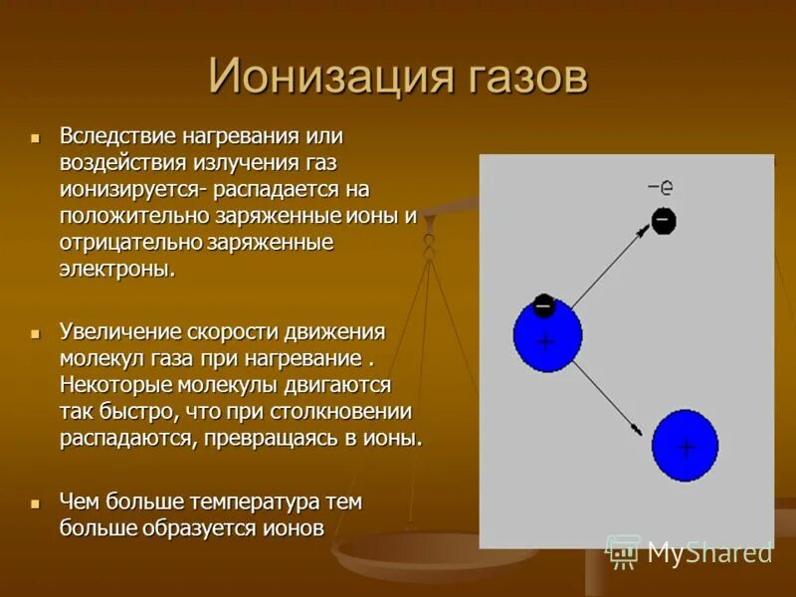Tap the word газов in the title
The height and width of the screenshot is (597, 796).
pyautogui.click(x=522, y=77)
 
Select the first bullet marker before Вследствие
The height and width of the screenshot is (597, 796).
pyautogui.click(x=35, y=134)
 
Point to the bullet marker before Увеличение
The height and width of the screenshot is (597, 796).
pyautogui.click(x=35, y=330)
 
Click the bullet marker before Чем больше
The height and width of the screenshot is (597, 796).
pyautogui.click(x=35, y=501)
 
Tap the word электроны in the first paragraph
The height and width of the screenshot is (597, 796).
pyautogui.click(x=115, y=269)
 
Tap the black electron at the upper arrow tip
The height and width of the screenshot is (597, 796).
pyautogui.click(x=664, y=220)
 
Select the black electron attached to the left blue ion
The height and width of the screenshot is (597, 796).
pyautogui.click(x=543, y=304)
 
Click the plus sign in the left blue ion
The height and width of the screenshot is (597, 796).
pyautogui.click(x=545, y=341)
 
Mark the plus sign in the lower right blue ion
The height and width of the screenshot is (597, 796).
pyautogui.click(x=686, y=447)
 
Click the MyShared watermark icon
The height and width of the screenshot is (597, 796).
pyautogui.click(x=624, y=551)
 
